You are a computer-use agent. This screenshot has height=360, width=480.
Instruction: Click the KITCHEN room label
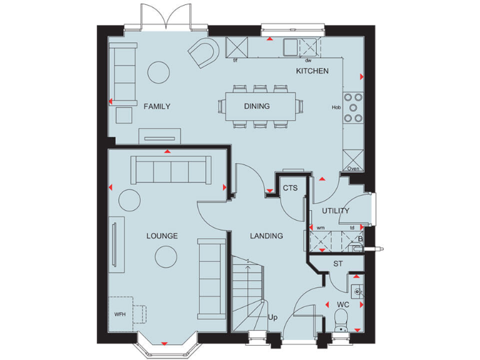(312, 71)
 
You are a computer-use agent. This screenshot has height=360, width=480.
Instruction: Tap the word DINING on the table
(257, 106)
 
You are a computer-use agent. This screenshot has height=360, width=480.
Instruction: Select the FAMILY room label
(157, 106)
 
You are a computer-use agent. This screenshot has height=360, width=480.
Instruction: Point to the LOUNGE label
(162, 236)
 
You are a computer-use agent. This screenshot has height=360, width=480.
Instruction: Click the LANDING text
(266, 236)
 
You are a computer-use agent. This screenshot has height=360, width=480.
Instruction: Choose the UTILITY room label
(336, 211)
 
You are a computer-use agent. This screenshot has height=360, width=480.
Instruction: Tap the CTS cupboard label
(289, 187)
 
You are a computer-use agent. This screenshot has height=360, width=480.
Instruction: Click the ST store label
(338, 264)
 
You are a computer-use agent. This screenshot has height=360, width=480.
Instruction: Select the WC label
(342, 305)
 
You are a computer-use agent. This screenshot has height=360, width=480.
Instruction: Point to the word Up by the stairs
(272, 318)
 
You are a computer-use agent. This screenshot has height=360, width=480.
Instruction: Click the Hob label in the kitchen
(336, 107)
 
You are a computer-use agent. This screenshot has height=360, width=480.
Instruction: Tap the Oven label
(353, 169)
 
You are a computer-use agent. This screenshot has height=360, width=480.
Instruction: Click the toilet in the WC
(341, 322)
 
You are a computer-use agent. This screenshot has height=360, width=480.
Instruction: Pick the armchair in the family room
(204, 52)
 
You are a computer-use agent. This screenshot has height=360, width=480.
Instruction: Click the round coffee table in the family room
(162, 73)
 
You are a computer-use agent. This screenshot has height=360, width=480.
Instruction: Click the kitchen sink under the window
(292, 46)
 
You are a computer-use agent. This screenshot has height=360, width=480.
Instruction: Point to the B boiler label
(360, 238)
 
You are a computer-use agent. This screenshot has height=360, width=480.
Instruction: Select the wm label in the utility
(321, 228)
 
